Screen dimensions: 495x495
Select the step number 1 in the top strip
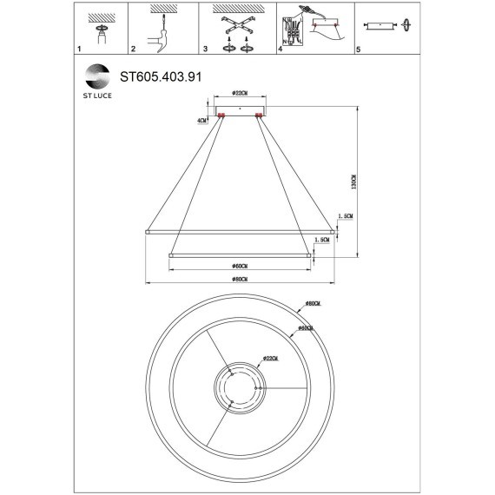(x=80, y=50)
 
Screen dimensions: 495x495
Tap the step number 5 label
(x=357, y=50)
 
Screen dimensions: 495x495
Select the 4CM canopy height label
(x=202, y=121)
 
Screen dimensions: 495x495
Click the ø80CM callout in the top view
(x=313, y=305)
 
